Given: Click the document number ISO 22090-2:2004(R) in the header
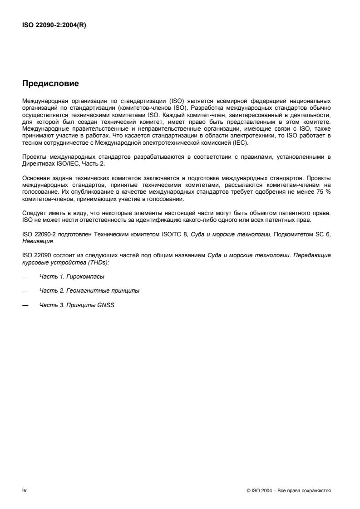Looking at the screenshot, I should (x=54, y=25).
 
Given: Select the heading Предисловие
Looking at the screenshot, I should (x=50, y=83).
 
